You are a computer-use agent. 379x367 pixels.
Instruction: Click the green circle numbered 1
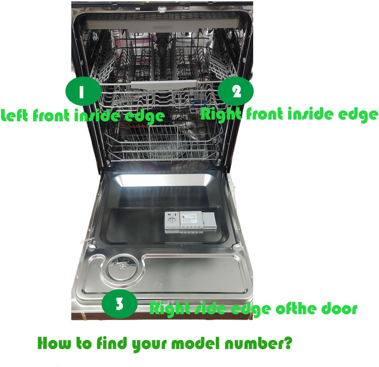click(x=81, y=91)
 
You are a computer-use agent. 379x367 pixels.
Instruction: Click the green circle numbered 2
click(x=236, y=91)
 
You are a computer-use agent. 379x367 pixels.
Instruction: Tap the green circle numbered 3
click(x=120, y=304)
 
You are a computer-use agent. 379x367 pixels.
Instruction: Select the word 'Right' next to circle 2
click(x=221, y=114)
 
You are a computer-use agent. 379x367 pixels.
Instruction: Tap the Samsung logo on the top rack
click(x=162, y=27)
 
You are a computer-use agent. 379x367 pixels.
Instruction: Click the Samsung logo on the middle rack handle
click(x=164, y=86)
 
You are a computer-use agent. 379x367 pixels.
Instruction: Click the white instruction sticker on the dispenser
click(x=190, y=218)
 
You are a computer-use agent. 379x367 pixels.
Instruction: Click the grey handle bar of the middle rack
click(x=164, y=84)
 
